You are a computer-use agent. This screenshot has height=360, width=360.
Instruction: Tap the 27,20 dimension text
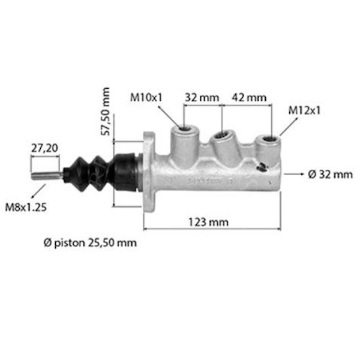click(x=44, y=146)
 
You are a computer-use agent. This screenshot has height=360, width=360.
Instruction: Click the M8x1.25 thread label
click(x=26, y=208)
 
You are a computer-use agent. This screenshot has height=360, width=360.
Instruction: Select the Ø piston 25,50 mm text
click(x=90, y=243)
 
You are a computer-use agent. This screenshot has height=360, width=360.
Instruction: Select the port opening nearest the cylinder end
click(x=266, y=142)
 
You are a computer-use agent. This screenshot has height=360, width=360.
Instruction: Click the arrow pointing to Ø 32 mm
click(x=293, y=175)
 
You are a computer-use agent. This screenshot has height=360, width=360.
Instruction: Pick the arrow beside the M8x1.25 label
click(x=38, y=191)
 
